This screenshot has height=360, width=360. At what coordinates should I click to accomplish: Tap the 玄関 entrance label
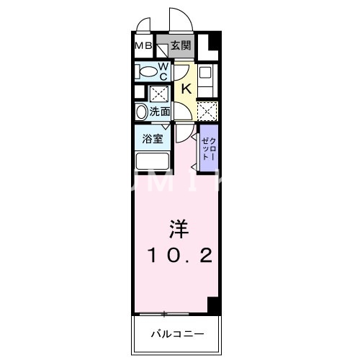coord(181,45)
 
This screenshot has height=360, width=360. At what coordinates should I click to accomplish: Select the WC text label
coord(163,71)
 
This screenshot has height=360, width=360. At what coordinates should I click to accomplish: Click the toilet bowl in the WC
coord(147,71)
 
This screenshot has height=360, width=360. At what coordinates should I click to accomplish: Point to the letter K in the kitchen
coord(185,89)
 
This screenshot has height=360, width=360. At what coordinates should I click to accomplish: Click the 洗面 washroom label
coord(160,112)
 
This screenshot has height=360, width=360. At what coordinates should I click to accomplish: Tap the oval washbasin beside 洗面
coord(140,112)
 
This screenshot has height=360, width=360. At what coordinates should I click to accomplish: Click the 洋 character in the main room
coord(179,230)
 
